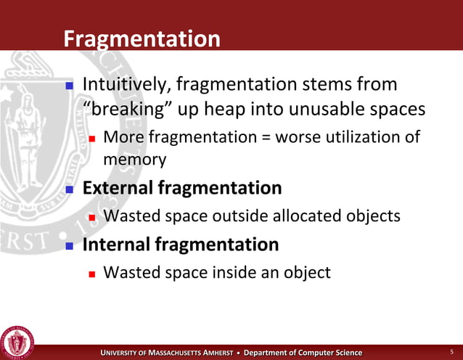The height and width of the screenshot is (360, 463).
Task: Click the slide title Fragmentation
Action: point(142,38)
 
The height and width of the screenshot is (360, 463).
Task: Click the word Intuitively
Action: point(124,85)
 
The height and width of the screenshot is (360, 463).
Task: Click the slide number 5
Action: point(452,352)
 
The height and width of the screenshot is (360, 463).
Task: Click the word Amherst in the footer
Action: point(210,353)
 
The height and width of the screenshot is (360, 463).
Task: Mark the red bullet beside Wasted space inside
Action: point(92,274)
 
